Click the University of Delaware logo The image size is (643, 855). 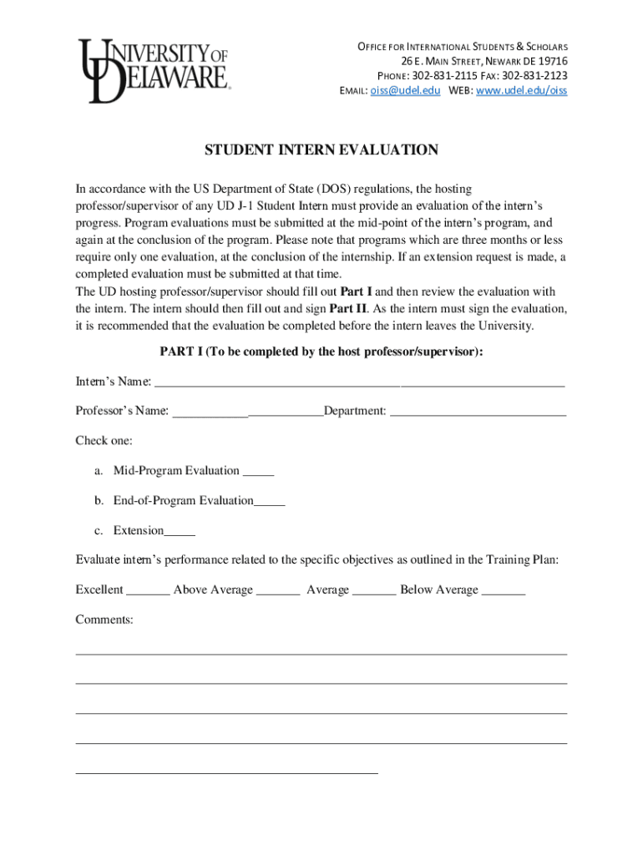pyautogui.click(x=154, y=71)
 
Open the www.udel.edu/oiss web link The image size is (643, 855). pyautogui.click(x=521, y=90)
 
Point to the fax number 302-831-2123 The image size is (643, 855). pyautogui.click(x=534, y=75)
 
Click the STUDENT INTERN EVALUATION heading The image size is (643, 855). pyautogui.click(x=321, y=150)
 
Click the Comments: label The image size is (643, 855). pyautogui.click(x=104, y=620)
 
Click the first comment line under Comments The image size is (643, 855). pyautogui.click(x=321, y=653)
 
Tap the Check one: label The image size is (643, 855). pyautogui.click(x=104, y=440)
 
